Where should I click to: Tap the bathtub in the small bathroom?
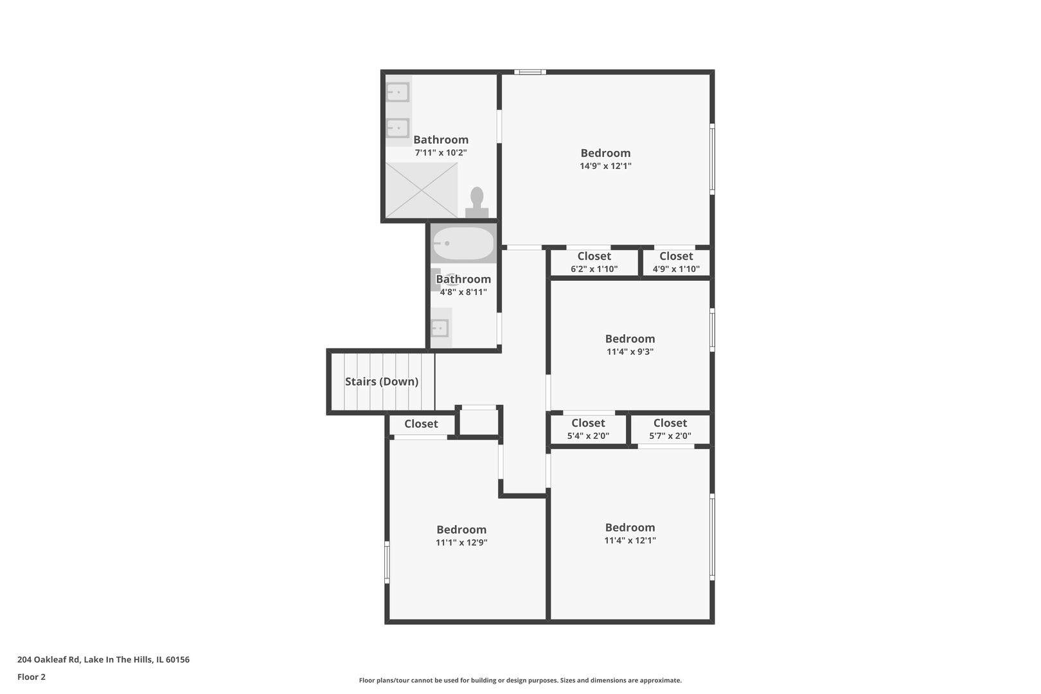(463, 244)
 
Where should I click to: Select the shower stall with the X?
(421, 190)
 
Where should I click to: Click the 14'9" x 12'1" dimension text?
(605, 166)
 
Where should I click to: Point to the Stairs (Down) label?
(382, 382)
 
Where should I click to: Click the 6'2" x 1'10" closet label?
(594, 269)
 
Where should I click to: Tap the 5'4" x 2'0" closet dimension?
(588, 436)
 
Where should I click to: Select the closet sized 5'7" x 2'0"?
(670, 436)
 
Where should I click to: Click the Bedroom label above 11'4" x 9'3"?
(630, 339)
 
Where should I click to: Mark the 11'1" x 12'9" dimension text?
(461, 542)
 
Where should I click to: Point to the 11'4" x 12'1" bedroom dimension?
(630, 540)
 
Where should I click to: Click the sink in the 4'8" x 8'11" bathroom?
(440, 328)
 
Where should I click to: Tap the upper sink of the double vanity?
(398, 93)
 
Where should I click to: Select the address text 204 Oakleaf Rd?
(103, 659)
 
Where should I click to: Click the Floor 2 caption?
(31, 677)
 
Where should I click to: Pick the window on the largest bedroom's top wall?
(529, 72)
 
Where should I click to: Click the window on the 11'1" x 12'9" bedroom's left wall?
(387, 562)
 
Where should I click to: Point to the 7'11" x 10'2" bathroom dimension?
(441, 153)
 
